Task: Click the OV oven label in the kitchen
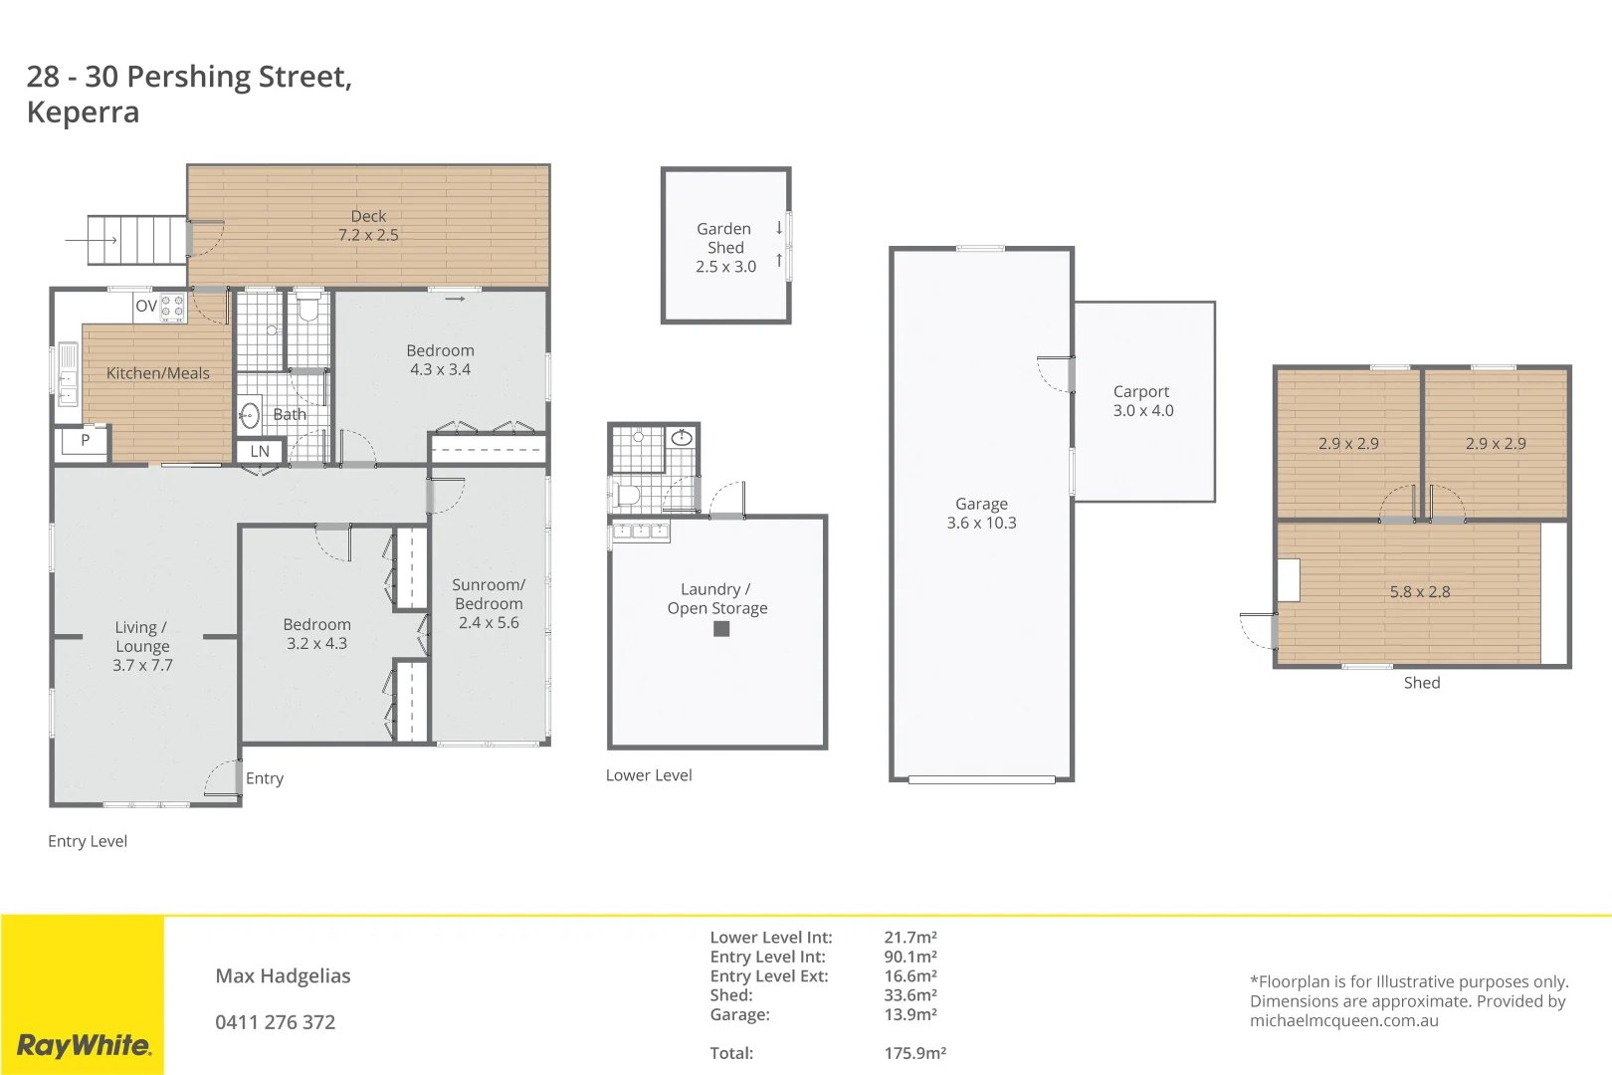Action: [x=145, y=306]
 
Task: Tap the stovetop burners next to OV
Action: [x=172, y=307]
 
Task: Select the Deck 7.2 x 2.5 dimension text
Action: [x=368, y=235]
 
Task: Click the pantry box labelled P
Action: [x=85, y=440]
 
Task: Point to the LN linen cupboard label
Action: [x=260, y=451]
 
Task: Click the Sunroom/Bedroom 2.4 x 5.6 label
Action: [x=489, y=603]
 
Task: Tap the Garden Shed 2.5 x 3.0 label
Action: [x=725, y=248]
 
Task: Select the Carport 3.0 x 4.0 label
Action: [x=1142, y=401]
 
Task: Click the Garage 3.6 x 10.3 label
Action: [x=981, y=514]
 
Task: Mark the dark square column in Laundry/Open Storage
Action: [x=721, y=629]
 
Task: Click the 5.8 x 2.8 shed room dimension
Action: [x=1420, y=591]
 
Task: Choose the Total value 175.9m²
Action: [x=914, y=1053]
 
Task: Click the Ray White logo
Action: [x=84, y=1045]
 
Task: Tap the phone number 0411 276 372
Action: [x=276, y=1022]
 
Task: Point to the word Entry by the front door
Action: [x=265, y=778]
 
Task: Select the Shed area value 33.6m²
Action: [x=910, y=995]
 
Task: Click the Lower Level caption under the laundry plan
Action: [x=649, y=775]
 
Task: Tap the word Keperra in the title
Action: [x=84, y=112]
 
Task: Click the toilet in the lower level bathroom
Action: [x=627, y=494]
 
